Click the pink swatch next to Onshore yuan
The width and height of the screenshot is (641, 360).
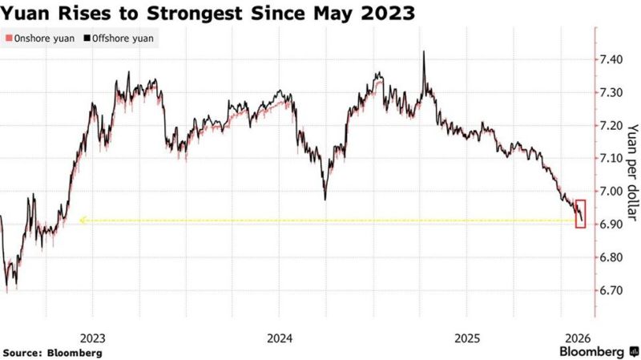coord(6,38)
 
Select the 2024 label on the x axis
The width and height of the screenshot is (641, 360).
coord(280,337)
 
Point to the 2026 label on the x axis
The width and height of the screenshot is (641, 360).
coord(579,337)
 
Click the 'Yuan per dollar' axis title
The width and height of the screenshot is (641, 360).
coord(631,172)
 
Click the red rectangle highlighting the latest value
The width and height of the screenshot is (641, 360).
coord(581,214)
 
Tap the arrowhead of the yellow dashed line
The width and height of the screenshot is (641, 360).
coord(82,220)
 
